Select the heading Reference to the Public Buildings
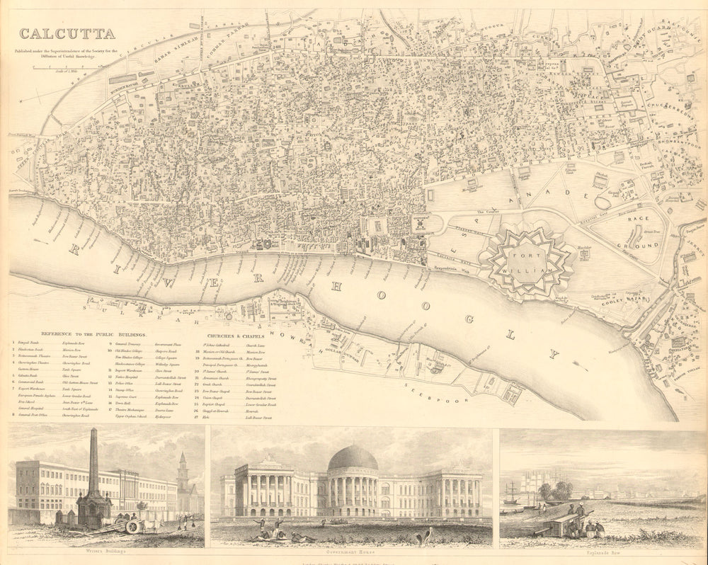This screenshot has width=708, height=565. [x=93, y=333]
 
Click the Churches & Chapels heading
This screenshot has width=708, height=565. [x=236, y=336]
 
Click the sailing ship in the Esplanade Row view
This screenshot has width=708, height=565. [x=512, y=493]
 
